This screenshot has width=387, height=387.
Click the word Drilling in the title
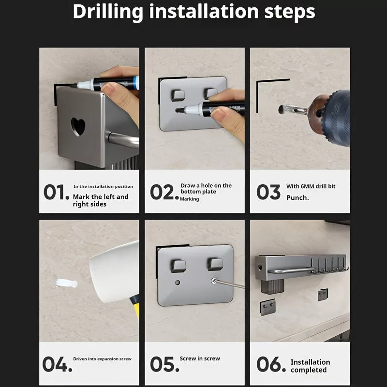click(108, 12)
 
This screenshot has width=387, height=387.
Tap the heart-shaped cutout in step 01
click(78, 126)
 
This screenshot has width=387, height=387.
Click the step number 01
click(56, 192)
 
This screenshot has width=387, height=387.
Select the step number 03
click(268, 192)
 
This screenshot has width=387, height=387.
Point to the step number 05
click(164, 364)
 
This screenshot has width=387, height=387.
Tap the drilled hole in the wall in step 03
click(281, 109)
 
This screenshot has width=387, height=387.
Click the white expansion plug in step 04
click(67, 283)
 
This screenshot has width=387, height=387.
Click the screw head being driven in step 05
click(214, 281)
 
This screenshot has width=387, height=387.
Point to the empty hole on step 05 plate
click(177, 283)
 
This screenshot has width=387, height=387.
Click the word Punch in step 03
click(297, 198)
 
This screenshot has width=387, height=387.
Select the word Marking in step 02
click(189, 199)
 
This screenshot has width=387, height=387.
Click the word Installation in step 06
click(310, 362)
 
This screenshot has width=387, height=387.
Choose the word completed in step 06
click(309, 370)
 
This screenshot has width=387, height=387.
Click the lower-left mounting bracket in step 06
click(268, 307)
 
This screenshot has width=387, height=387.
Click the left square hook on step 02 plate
click(178, 95)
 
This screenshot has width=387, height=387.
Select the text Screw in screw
click(200, 358)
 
